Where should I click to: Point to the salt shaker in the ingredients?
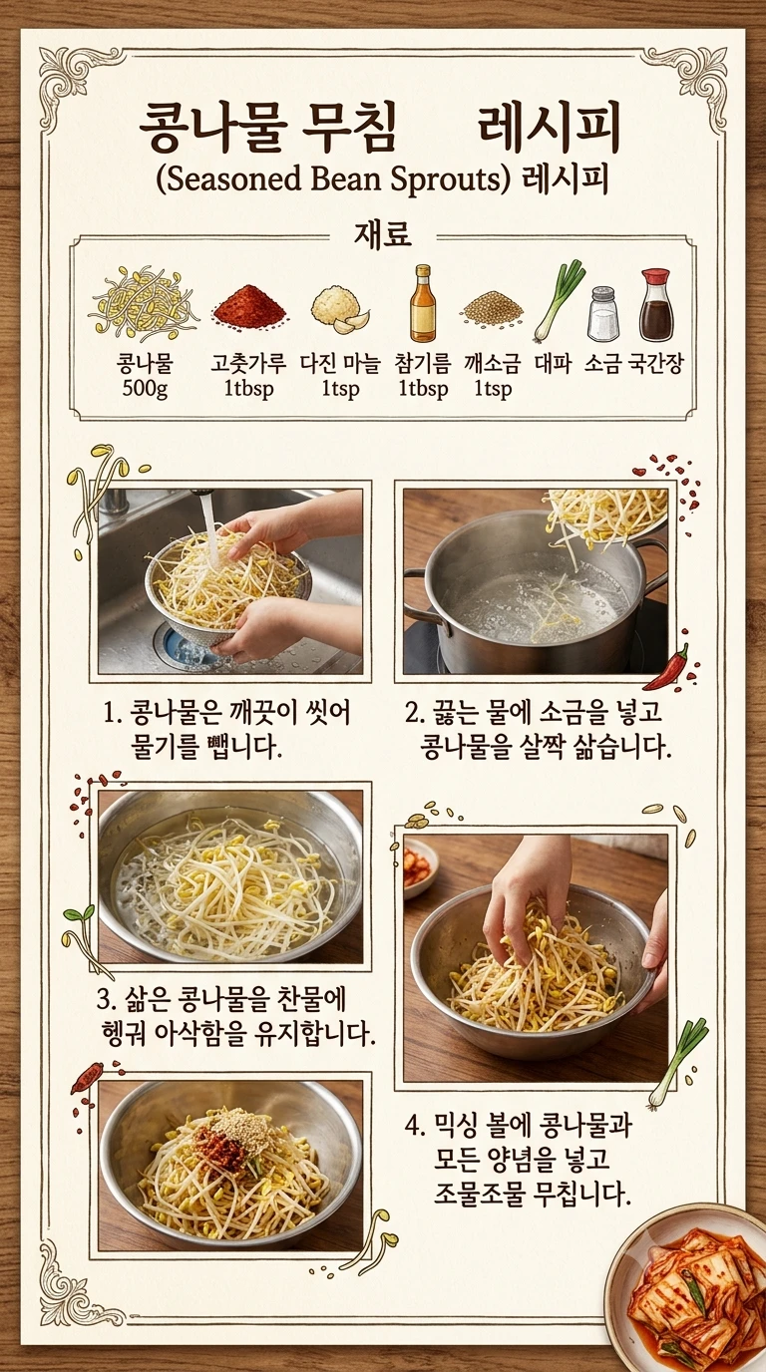pyautogui.click(x=603, y=313)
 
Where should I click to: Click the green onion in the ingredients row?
pyautogui.click(x=559, y=299)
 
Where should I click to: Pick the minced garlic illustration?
pyautogui.click(x=340, y=308)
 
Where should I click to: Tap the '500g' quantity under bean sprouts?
pyautogui.click(x=145, y=388)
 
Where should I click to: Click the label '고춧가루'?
pyautogui.click(x=247, y=364)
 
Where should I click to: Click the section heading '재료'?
pyautogui.click(x=382, y=235)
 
